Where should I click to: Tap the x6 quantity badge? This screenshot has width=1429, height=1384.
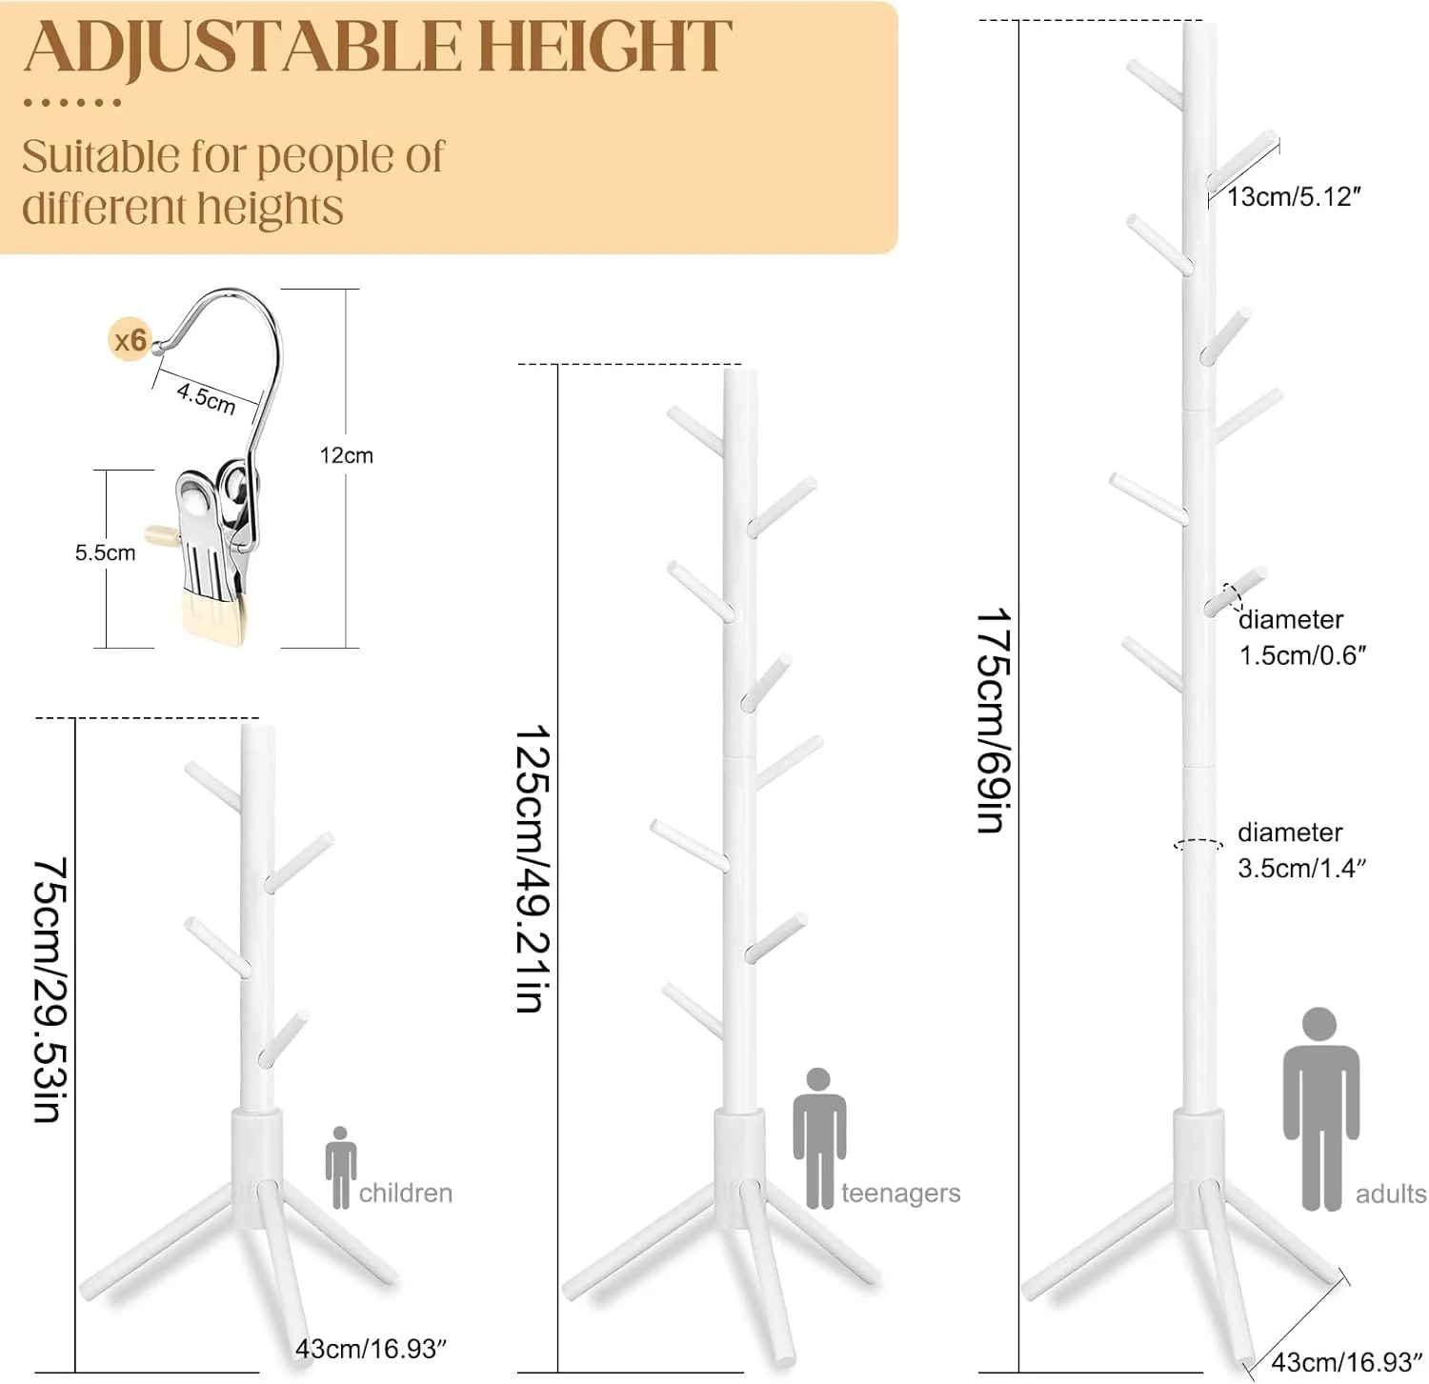[130, 340]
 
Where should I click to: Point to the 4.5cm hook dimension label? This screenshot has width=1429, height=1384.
[206, 397]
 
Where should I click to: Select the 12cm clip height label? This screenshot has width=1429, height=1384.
[346, 455]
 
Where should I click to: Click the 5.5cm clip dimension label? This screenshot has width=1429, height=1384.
[105, 552]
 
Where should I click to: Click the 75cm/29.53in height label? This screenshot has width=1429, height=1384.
[50, 990]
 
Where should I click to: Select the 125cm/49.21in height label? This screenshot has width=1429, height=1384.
[533, 869]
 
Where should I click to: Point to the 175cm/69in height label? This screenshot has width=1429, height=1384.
[993, 720]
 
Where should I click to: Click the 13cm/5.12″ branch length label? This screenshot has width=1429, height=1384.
[1294, 197]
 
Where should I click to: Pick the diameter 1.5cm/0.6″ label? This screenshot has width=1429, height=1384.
[1303, 637]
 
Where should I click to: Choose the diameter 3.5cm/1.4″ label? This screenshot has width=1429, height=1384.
[1302, 850]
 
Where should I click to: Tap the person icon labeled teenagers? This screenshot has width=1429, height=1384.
[819, 1138]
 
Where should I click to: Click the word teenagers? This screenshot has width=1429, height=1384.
[900, 1194]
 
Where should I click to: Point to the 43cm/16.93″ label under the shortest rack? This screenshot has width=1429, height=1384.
[371, 1349]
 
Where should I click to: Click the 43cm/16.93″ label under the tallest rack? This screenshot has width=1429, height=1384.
[1347, 1361]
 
